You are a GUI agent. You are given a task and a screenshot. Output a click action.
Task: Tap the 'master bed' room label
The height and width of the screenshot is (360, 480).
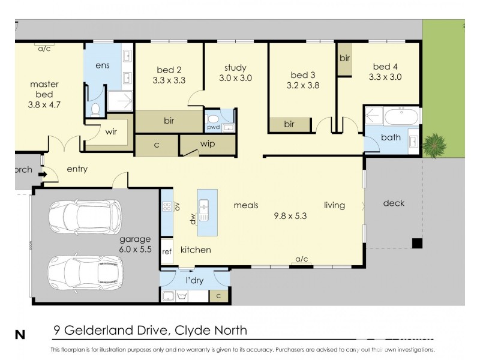click(44, 89)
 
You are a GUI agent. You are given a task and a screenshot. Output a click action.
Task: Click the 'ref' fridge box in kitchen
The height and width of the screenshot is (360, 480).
click(167, 252)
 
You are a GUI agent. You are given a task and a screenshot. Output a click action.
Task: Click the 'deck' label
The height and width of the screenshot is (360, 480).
click(393, 203)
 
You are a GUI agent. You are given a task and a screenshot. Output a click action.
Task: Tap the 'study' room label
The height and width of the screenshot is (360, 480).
click(236, 67)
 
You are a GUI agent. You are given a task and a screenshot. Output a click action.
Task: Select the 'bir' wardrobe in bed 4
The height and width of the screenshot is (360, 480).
click(344, 59)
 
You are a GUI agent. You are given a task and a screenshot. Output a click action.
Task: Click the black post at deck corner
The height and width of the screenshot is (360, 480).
click(416, 243)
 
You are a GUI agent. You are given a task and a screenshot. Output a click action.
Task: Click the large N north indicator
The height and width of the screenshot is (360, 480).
click(20, 335)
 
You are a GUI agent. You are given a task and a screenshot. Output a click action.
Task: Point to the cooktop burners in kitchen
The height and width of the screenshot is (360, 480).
click(167, 206)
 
